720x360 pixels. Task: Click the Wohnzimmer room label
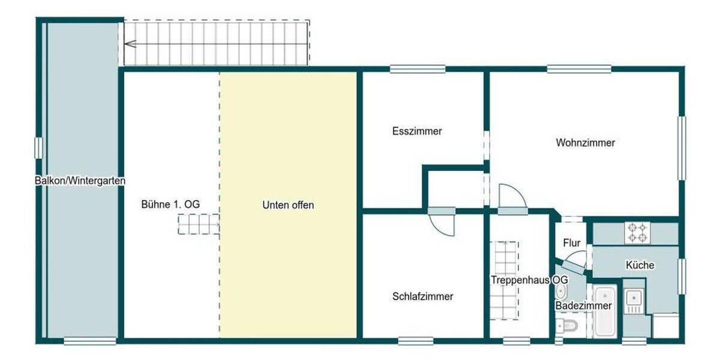coord(585,143)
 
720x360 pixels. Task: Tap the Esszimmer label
coord(417,131)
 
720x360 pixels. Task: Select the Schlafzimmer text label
coord(422,296)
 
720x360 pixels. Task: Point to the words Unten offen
coord(288,205)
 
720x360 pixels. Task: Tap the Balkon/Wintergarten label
coord(80,180)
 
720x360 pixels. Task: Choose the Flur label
coord(572,243)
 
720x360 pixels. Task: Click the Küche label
coord(640,265)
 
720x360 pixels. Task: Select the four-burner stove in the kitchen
coord(637,232)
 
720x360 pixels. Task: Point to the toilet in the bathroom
coord(566,326)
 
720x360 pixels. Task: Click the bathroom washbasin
coord(562,292)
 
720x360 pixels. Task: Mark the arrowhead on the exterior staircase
coord(130,43)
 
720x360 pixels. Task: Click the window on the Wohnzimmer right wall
coord(682,148)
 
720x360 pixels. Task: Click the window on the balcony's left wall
coord(39,148)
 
